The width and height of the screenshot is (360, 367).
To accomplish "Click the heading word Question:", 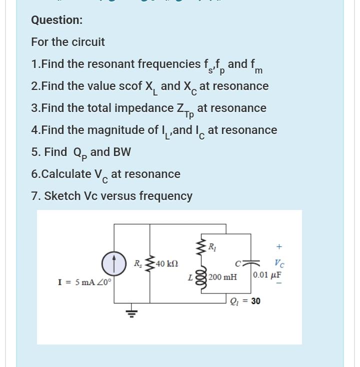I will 56,20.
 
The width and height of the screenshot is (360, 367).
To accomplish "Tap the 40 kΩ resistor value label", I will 167,263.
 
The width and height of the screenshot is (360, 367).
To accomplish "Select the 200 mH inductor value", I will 223,277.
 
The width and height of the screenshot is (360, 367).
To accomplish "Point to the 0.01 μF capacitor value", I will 267,275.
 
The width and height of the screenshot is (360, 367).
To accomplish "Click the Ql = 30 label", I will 245,301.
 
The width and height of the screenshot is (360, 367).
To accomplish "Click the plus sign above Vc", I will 279,246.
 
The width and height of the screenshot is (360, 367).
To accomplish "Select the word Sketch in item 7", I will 62,196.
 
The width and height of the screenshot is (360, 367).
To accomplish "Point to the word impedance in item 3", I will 145,108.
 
